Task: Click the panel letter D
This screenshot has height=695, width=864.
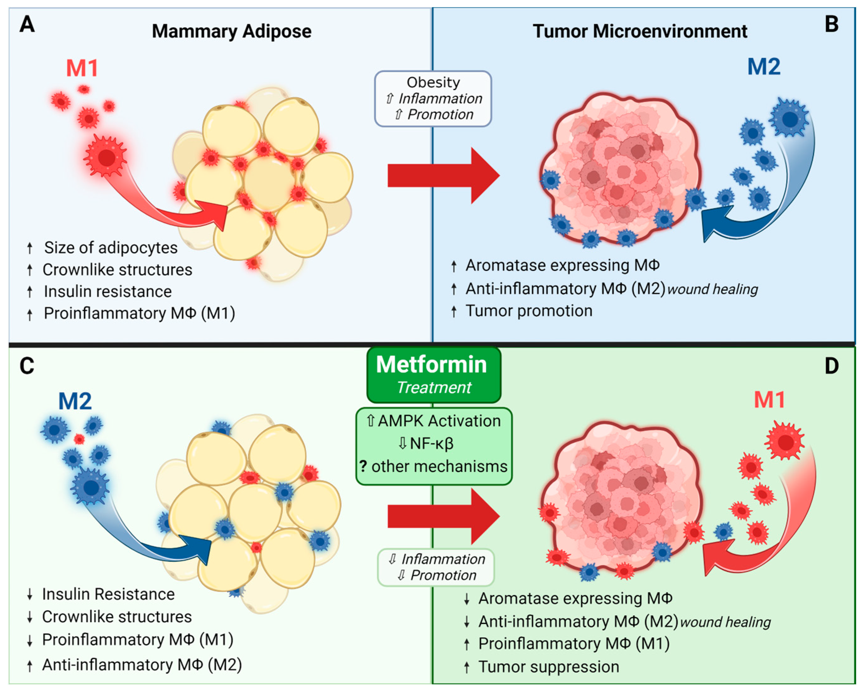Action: coord(832,366)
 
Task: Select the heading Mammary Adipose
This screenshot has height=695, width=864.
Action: coord(232,31)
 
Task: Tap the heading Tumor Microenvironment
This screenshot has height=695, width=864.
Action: coord(639,31)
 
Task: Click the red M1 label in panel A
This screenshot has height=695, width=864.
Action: coord(82,68)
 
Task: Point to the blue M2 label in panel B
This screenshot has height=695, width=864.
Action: coord(764,67)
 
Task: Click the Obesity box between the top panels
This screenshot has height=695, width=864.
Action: coord(433,99)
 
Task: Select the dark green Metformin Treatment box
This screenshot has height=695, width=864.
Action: coord(434,375)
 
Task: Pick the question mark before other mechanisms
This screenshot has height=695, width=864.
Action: coord(363,466)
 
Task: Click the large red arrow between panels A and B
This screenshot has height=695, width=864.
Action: coord(443,176)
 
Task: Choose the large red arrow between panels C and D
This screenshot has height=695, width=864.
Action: coord(443,516)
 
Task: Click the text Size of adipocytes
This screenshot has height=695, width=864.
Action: coord(111,248)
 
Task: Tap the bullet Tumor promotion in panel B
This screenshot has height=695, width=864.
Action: coord(529,311)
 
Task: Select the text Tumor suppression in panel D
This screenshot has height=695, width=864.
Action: coord(549,666)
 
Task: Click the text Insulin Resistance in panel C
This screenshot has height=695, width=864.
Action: coord(108,594)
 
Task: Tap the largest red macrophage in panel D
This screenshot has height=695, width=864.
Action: coord(785,441)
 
